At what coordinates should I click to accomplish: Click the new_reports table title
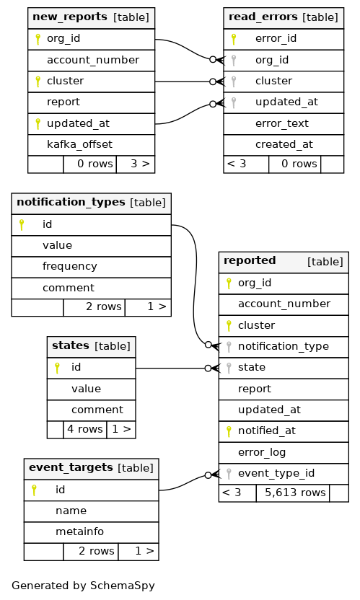point(70,17)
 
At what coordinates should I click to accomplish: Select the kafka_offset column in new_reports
point(79,144)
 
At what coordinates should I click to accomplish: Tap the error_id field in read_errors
point(276,38)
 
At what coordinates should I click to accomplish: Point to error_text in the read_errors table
point(282,123)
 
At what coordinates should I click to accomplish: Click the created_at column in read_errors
point(284,144)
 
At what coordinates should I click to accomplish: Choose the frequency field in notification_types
point(70,266)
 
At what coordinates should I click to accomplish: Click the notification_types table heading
point(71,202)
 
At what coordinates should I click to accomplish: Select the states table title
point(71,345)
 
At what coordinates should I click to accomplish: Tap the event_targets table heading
point(71,467)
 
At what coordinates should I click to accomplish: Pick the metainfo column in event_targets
point(79,531)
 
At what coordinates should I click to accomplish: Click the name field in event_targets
point(71,511)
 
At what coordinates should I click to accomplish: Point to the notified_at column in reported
point(266,431)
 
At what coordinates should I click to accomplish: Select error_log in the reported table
point(262,452)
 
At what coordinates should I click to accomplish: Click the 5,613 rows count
point(295,493)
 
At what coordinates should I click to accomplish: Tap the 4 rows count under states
point(85,429)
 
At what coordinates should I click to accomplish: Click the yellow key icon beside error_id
point(234,39)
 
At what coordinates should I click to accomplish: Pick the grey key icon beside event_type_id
point(229,474)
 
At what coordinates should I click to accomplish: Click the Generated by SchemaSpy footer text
point(83,586)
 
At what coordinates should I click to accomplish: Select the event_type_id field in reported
point(276,473)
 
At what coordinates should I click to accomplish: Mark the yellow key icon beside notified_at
point(229,431)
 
